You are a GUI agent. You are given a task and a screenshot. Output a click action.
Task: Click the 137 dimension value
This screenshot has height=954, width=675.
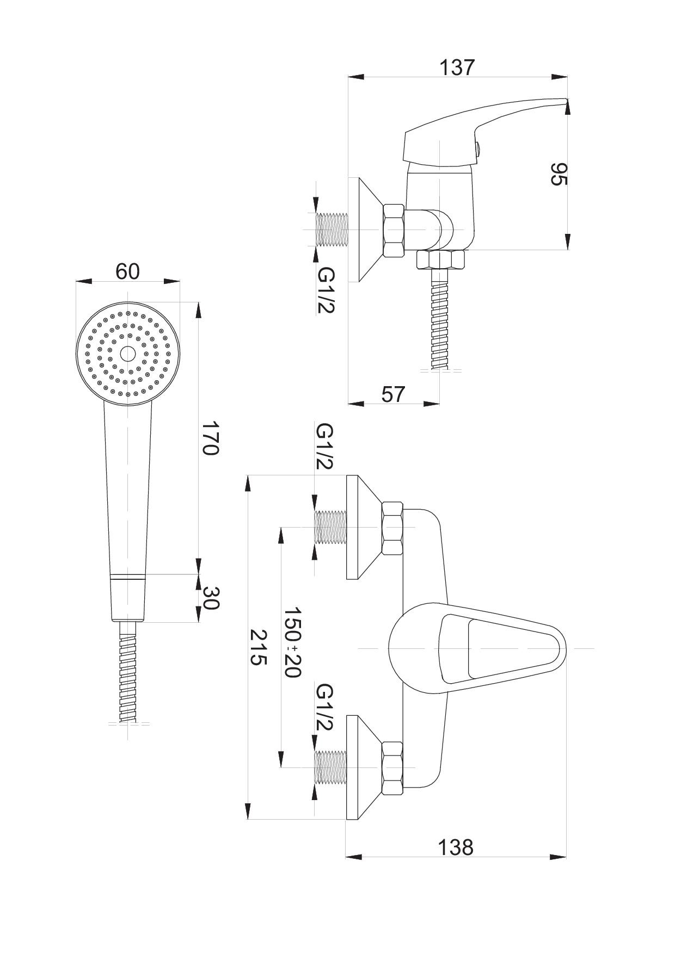point(457,67)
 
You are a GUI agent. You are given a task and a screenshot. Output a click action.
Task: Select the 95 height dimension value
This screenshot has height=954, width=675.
point(559,174)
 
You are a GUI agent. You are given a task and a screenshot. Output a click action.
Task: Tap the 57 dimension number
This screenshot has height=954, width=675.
point(393,394)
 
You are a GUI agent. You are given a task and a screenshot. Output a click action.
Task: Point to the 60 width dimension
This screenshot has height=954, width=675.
point(127,271)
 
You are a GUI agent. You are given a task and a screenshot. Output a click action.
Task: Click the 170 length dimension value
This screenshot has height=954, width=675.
point(210,438)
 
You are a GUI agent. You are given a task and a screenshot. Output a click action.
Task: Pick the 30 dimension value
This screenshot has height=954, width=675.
point(210,598)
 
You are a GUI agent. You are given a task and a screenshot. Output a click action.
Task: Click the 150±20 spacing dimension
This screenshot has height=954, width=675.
point(292,642)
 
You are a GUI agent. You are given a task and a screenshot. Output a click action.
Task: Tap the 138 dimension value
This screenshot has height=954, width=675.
point(456,847)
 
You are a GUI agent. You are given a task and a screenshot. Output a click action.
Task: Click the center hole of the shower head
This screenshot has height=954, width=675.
point(128,354)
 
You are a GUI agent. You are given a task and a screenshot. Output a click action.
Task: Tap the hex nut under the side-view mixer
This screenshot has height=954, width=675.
point(440,259)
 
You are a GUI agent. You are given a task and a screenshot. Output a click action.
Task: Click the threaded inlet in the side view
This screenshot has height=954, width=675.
point(332,230)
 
